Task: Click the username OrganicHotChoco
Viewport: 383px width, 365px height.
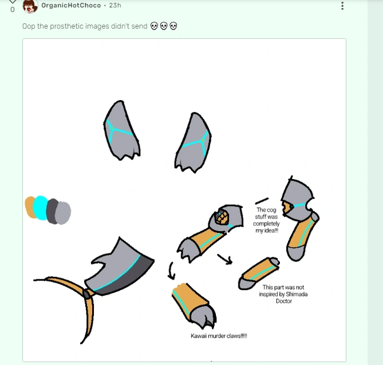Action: [70, 5]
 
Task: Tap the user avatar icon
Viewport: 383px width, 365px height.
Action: [30, 6]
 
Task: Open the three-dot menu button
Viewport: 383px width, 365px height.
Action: [342, 6]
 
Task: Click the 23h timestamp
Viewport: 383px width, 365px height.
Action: [115, 5]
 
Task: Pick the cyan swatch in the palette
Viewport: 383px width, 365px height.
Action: [40, 208]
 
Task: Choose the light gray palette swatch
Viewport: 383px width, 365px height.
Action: [64, 212]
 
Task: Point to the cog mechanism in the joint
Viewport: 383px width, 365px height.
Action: [223, 217]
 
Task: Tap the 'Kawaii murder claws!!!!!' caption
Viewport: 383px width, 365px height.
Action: [219, 336]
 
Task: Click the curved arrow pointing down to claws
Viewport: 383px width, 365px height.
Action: [171, 269]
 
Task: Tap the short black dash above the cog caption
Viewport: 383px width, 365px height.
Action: [262, 201]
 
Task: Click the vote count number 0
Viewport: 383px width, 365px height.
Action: [12, 10]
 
